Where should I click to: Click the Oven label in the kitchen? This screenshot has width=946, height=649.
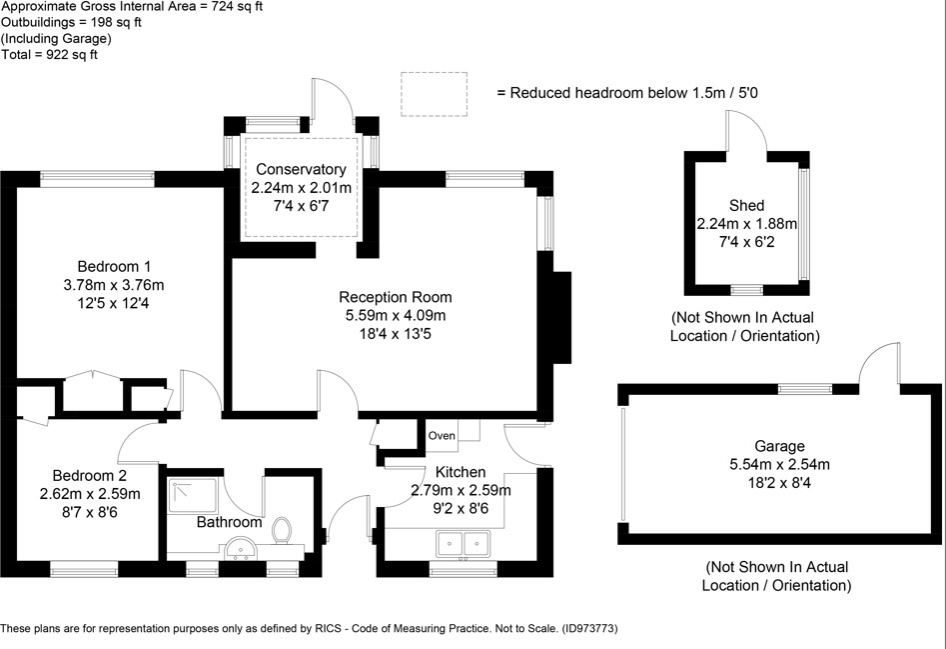(x=442, y=436)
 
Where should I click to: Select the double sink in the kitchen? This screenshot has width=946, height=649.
(x=461, y=545)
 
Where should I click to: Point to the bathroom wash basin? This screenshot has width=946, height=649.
(x=239, y=549)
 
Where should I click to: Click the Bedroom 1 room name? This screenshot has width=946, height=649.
(x=114, y=267)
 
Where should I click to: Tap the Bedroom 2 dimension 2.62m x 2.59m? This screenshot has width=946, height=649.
(x=90, y=494)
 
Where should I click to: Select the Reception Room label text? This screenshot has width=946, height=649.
(x=395, y=297)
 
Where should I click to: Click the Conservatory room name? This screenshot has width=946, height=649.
(x=301, y=170)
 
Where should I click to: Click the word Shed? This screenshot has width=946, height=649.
(x=746, y=206)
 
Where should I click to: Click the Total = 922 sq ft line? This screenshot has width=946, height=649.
(x=49, y=55)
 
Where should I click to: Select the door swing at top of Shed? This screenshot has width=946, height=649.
(x=746, y=130)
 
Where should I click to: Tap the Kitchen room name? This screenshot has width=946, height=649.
(x=461, y=472)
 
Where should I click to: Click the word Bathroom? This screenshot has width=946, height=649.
(x=229, y=522)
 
